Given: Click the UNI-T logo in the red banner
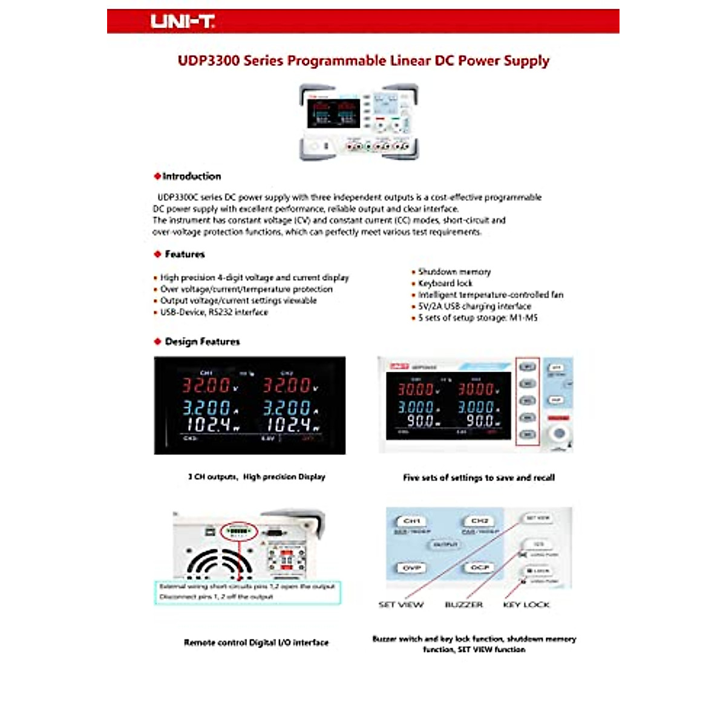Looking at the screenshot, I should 182,22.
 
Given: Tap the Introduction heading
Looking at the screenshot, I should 191,176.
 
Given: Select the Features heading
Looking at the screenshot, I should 185,254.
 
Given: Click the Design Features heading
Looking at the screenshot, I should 202,342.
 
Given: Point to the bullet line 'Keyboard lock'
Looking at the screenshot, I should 445,283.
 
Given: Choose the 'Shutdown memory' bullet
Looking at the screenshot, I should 454,272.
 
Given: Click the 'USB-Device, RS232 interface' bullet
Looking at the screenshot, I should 214,312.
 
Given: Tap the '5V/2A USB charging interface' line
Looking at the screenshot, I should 474,306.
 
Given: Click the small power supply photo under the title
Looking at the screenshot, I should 359,122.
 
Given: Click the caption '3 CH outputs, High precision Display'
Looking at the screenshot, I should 257,477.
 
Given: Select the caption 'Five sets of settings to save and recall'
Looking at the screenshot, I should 479,477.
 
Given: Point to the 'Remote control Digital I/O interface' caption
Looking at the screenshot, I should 257,643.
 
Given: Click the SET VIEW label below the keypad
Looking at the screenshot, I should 401,604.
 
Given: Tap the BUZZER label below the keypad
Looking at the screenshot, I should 464,604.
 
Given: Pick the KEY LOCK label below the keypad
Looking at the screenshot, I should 526,604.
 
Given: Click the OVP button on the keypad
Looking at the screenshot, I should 412,567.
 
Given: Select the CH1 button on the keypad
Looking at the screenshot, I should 412,520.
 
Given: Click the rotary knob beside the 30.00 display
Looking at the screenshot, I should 560,433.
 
